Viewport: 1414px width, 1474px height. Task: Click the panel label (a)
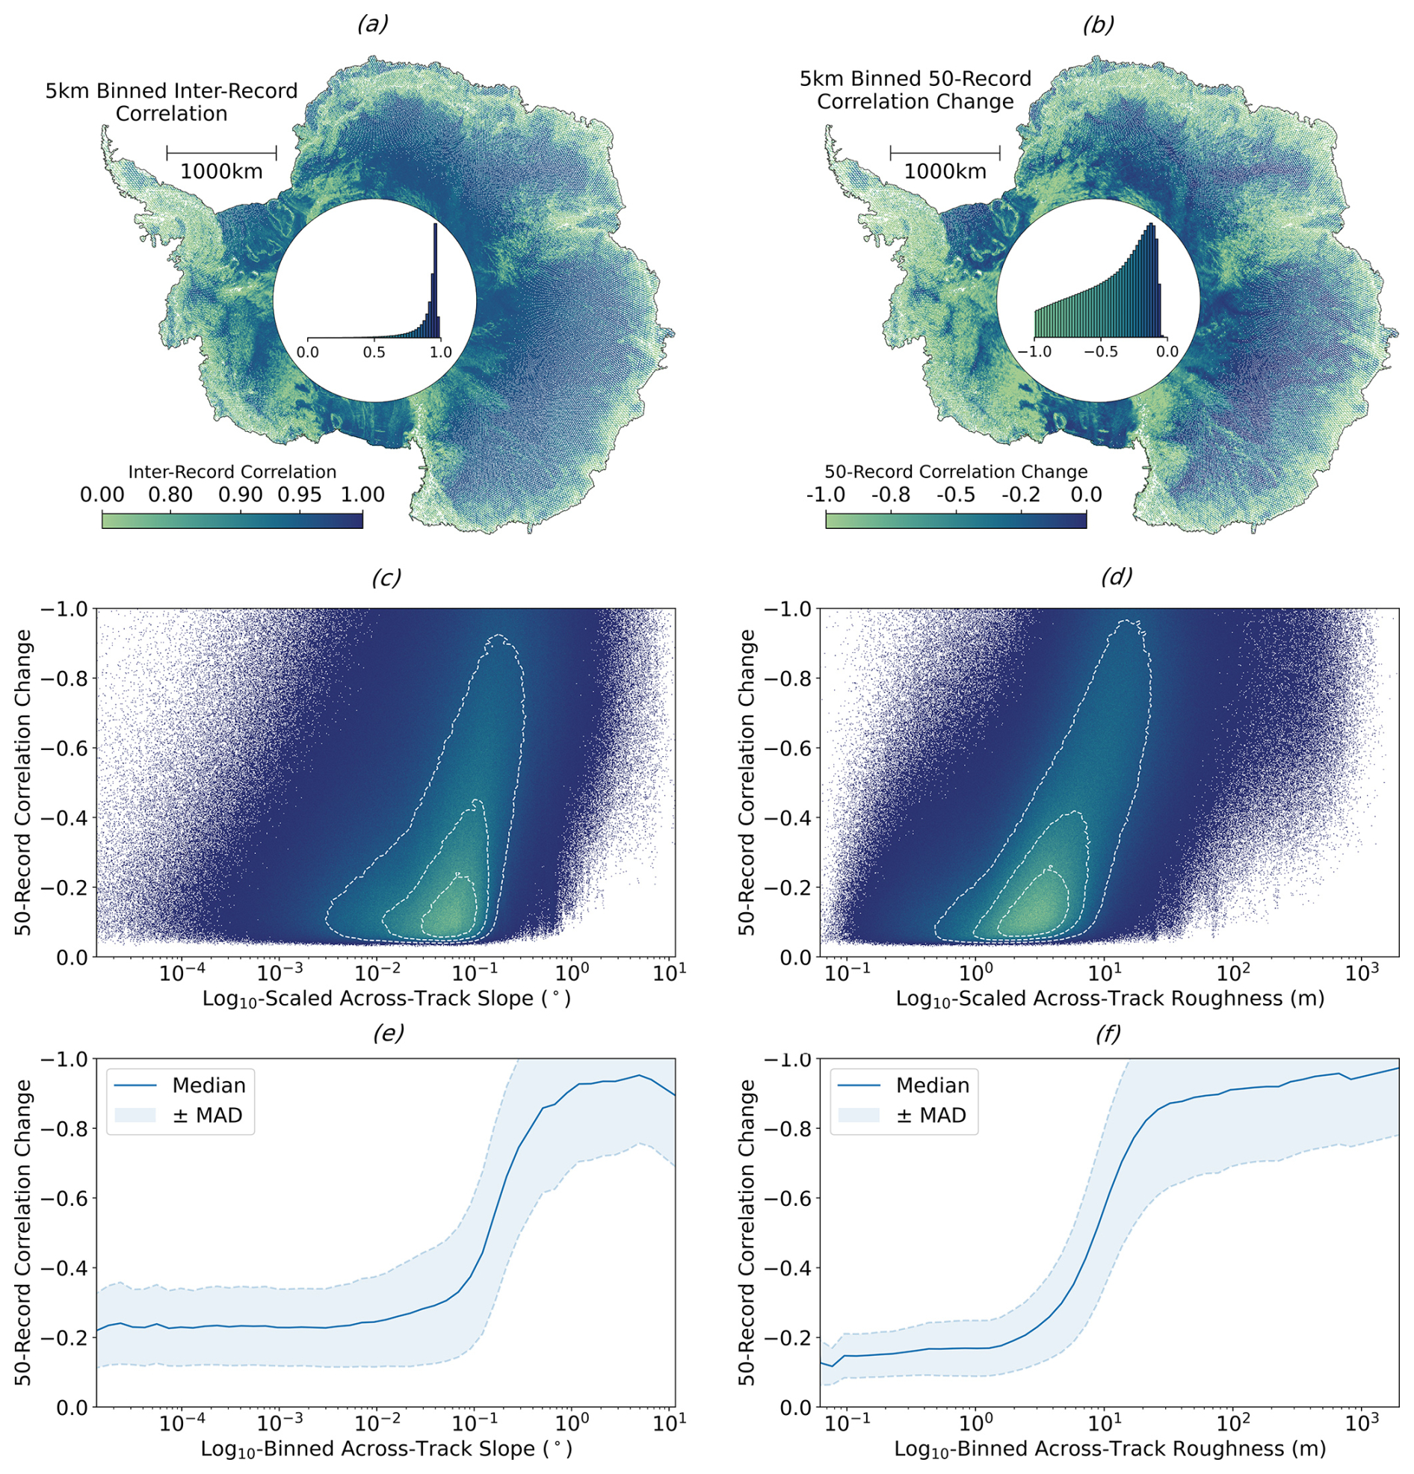372,25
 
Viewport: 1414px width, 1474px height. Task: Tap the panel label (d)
1115,577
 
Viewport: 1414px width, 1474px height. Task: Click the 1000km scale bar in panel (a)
221,152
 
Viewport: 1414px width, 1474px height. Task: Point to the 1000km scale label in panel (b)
945,172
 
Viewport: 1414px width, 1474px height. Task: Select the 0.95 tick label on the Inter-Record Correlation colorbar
300,495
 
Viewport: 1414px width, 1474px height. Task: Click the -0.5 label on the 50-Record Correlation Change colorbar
955,495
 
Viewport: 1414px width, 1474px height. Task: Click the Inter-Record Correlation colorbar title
232,472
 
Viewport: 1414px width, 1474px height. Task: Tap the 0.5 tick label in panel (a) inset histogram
374,352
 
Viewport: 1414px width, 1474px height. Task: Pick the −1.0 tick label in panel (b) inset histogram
1034,352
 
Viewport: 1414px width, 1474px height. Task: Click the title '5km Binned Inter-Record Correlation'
171,102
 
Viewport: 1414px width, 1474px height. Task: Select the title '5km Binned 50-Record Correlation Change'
916,90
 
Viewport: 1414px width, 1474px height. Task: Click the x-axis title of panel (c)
386,999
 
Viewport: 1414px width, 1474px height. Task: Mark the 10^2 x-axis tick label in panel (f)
1232,1425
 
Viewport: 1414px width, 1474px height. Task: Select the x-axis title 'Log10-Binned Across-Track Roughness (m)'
1109,1449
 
